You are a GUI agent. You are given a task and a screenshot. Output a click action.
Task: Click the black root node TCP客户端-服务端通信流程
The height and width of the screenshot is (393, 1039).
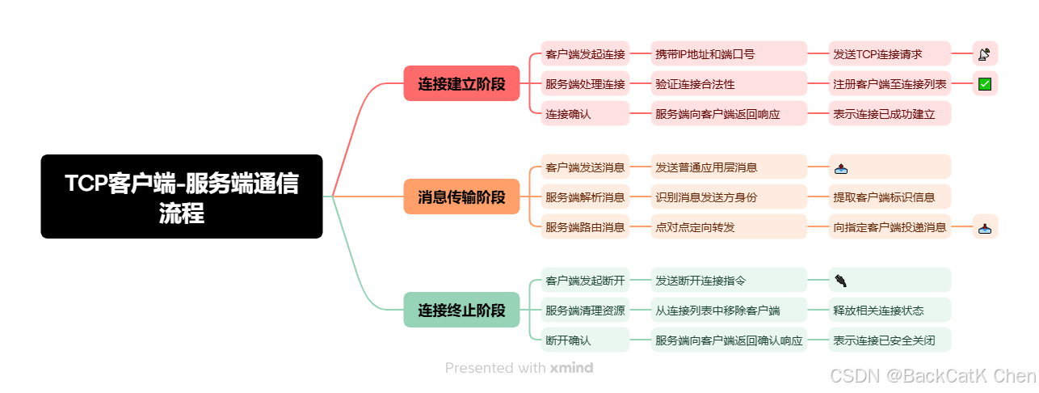click(x=182, y=196)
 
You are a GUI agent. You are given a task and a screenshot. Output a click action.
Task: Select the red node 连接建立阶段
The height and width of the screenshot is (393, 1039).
click(x=461, y=83)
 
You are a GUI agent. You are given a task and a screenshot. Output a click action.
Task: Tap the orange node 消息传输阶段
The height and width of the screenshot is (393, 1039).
click(x=461, y=196)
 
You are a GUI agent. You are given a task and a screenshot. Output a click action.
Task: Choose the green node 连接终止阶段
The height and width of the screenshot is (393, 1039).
click(x=461, y=310)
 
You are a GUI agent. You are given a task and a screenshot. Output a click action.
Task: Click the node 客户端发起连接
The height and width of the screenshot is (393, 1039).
click(x=585, y=54)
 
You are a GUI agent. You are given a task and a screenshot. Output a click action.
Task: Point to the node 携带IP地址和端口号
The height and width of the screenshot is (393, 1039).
click(x=729, y=54)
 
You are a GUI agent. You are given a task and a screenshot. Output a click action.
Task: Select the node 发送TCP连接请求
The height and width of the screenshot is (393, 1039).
click(x=890, y=54)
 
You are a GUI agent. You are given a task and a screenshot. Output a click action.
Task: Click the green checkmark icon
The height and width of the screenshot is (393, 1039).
click(x=985, y=83)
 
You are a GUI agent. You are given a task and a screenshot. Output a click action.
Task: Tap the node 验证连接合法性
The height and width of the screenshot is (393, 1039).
click(x=729, y=83)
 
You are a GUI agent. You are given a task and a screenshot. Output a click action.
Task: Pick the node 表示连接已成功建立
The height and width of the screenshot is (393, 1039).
click(x=890, y=114)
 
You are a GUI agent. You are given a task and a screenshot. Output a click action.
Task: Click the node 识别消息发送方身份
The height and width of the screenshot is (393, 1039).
click(x=729, y=197)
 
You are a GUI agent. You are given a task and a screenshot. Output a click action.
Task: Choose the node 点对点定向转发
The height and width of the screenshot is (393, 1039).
click(x=729, y=227)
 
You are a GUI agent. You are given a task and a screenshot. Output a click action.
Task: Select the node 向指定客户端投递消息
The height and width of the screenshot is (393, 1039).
click(x=890, y=227)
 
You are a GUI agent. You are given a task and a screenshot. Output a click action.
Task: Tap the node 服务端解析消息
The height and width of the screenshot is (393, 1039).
click(x=585, y=197)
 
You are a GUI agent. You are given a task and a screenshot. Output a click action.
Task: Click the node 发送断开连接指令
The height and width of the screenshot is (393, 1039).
click(x=729, y=281)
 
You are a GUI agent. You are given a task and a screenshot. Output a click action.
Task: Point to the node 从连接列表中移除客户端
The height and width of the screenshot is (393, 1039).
click(x=729, y=311)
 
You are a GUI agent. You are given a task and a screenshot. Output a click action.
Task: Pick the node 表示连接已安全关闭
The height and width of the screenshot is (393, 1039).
click(x=890, y=340)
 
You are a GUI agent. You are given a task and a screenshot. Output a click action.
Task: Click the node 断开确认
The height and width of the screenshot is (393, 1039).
click(x=585, y=340)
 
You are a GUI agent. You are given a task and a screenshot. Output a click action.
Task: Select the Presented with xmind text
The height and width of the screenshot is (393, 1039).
click(x=519, y=368)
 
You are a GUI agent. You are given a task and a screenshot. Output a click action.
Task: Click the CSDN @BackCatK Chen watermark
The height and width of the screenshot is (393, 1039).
click(x=932, y=376)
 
